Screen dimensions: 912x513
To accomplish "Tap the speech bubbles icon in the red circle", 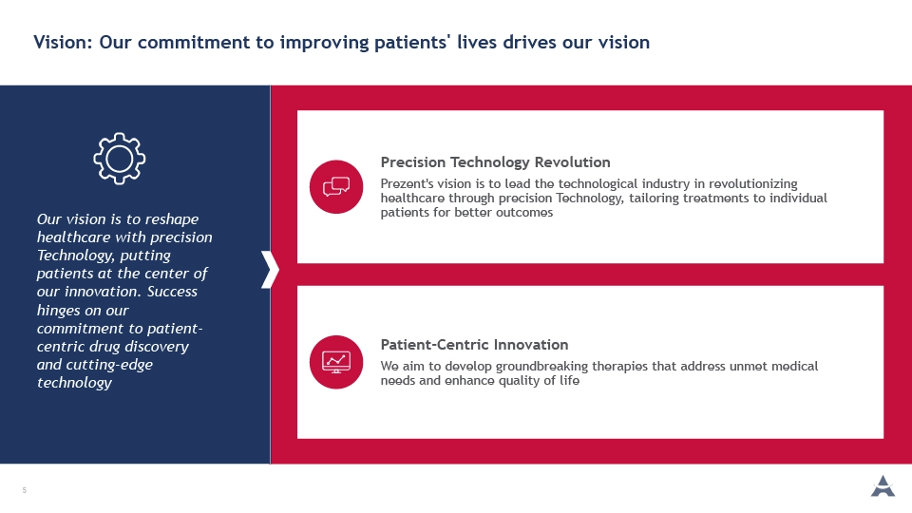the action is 336,187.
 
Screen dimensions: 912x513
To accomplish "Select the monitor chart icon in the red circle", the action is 336,362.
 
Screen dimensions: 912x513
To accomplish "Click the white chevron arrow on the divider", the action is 271,269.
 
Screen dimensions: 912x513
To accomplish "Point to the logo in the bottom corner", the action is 883,486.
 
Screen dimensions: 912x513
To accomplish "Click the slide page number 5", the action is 25,490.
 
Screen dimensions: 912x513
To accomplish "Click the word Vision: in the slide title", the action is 63,43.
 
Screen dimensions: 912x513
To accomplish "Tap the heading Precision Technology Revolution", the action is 496,162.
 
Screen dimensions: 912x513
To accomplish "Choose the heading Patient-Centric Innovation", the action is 475,345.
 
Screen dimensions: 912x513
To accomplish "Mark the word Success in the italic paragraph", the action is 172,292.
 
